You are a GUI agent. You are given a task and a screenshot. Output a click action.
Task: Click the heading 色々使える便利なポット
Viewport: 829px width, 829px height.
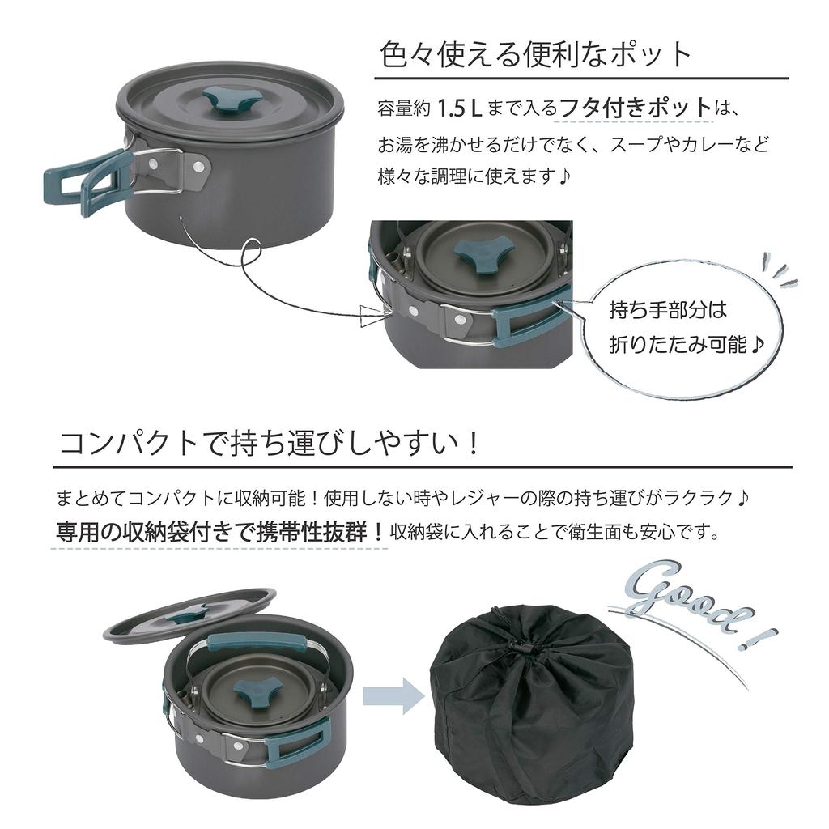click(x=536, y=54)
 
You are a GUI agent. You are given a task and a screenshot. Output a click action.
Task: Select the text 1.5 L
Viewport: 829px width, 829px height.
click(x=460, y=108)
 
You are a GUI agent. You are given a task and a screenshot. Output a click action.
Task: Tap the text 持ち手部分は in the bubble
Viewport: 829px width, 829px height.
click(x=668, y=309)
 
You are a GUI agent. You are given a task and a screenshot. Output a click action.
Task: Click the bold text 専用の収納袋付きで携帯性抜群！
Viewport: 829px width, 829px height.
click(x=219, y=532)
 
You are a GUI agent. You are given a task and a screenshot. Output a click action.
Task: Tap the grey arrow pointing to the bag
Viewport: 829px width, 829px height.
click(x=393, y=694)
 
